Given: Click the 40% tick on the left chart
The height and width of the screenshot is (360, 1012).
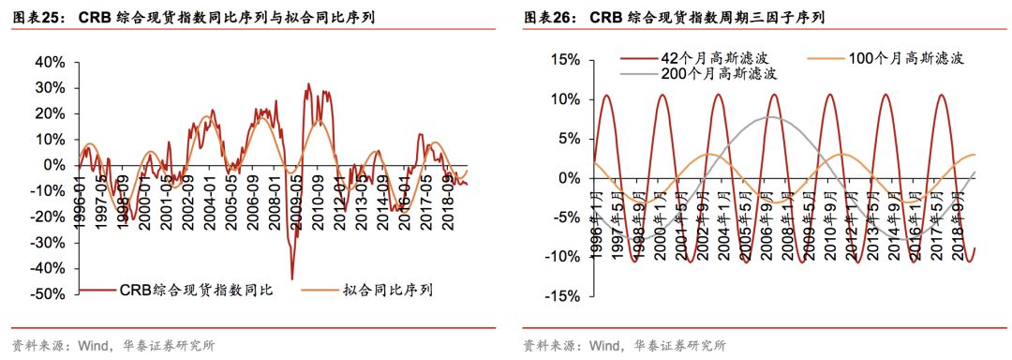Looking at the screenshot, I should (47, 62).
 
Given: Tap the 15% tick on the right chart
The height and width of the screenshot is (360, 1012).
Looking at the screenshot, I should (565, 60).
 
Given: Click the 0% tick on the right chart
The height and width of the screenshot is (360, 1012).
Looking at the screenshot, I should (569, 178).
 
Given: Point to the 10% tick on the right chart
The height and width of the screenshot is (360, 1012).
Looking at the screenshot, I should (565, 99).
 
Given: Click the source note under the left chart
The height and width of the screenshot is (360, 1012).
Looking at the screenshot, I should (112, 345).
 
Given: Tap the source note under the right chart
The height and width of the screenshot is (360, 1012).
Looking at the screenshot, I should (624, 345).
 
